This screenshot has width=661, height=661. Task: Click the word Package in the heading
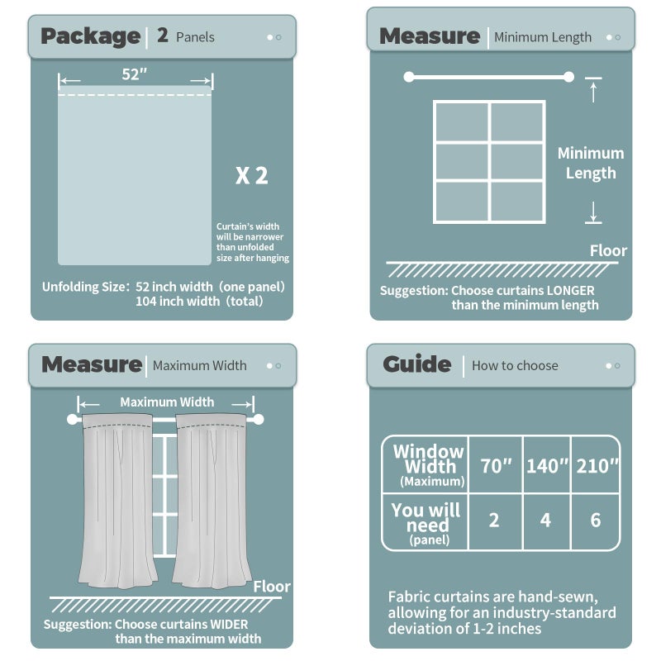click(90, 36)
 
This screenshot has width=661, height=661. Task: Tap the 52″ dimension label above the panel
click(135, 74)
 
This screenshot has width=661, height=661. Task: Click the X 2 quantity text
click(252, 175)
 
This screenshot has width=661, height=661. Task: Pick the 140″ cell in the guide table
click(548, 466)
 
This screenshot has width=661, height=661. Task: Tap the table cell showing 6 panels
click(596, 521)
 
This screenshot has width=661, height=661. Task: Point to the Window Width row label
click(428, 465)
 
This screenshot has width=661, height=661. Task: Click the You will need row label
click(427, 521)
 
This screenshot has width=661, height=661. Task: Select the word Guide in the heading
click(416, 364)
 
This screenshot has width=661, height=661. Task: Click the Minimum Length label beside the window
click(590, 163)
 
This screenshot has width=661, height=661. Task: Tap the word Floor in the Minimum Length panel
click(608, 250)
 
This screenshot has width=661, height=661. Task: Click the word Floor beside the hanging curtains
click(272, 587)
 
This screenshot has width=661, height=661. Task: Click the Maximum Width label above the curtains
click(167, 402)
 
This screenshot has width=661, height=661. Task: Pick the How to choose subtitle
click(515, 365)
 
